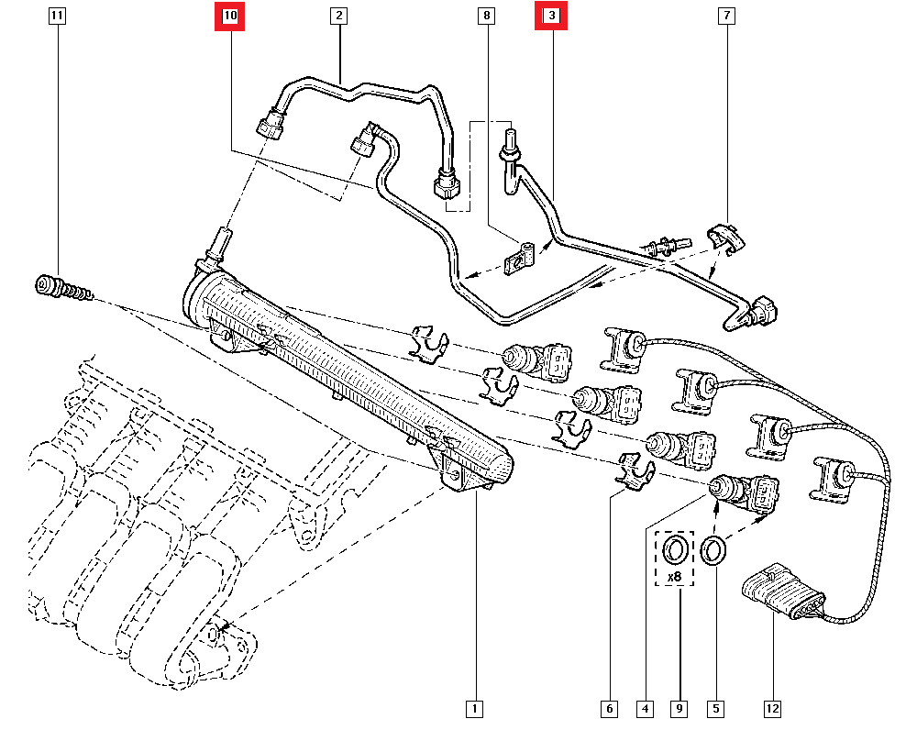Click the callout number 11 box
pos(57,16)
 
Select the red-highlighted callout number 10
pos(229,16)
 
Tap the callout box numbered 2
pos(338,16)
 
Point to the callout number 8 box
pos(486,16)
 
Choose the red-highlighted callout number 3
pos(551,16)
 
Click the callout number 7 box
pos(726,16)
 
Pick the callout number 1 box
pos(474,708)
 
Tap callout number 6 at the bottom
pos(608,708)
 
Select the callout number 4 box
pos(646,708)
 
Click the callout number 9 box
pos(679,708)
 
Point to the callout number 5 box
pos(715,708)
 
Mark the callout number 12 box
pos(772,708)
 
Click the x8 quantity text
pos(674,577)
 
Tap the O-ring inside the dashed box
pos(675,551)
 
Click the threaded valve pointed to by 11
pos(57,288)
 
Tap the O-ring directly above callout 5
pos(714,550)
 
